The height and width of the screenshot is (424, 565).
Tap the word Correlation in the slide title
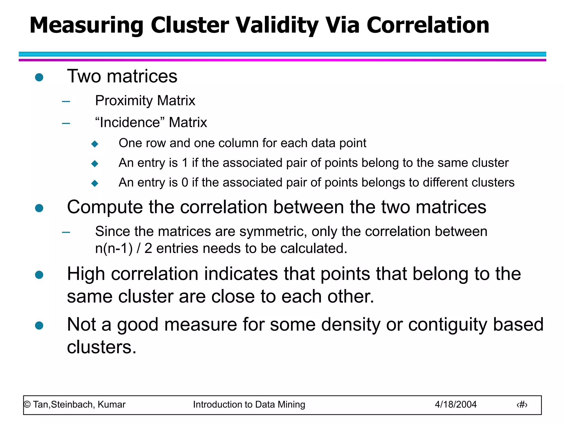pos(428,25)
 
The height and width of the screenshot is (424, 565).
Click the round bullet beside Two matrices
pos(39,77)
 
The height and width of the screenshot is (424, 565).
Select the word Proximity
pos(124,101)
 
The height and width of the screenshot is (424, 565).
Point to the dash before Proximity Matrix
pos(66,101)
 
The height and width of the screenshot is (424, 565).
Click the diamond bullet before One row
pos(95,144)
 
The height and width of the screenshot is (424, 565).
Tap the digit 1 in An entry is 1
pos(185,163)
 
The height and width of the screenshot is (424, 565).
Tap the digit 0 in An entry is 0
pos(185,182)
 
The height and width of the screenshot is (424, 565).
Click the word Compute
pos(105,207)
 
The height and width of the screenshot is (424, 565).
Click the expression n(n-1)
pos(114,248)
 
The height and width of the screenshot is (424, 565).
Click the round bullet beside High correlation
pos(39,275)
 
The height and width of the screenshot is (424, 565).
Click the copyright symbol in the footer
pos(27,405)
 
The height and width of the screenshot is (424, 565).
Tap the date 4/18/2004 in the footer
pos(455,405)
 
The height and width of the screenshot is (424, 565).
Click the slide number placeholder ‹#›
pos(522,405)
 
